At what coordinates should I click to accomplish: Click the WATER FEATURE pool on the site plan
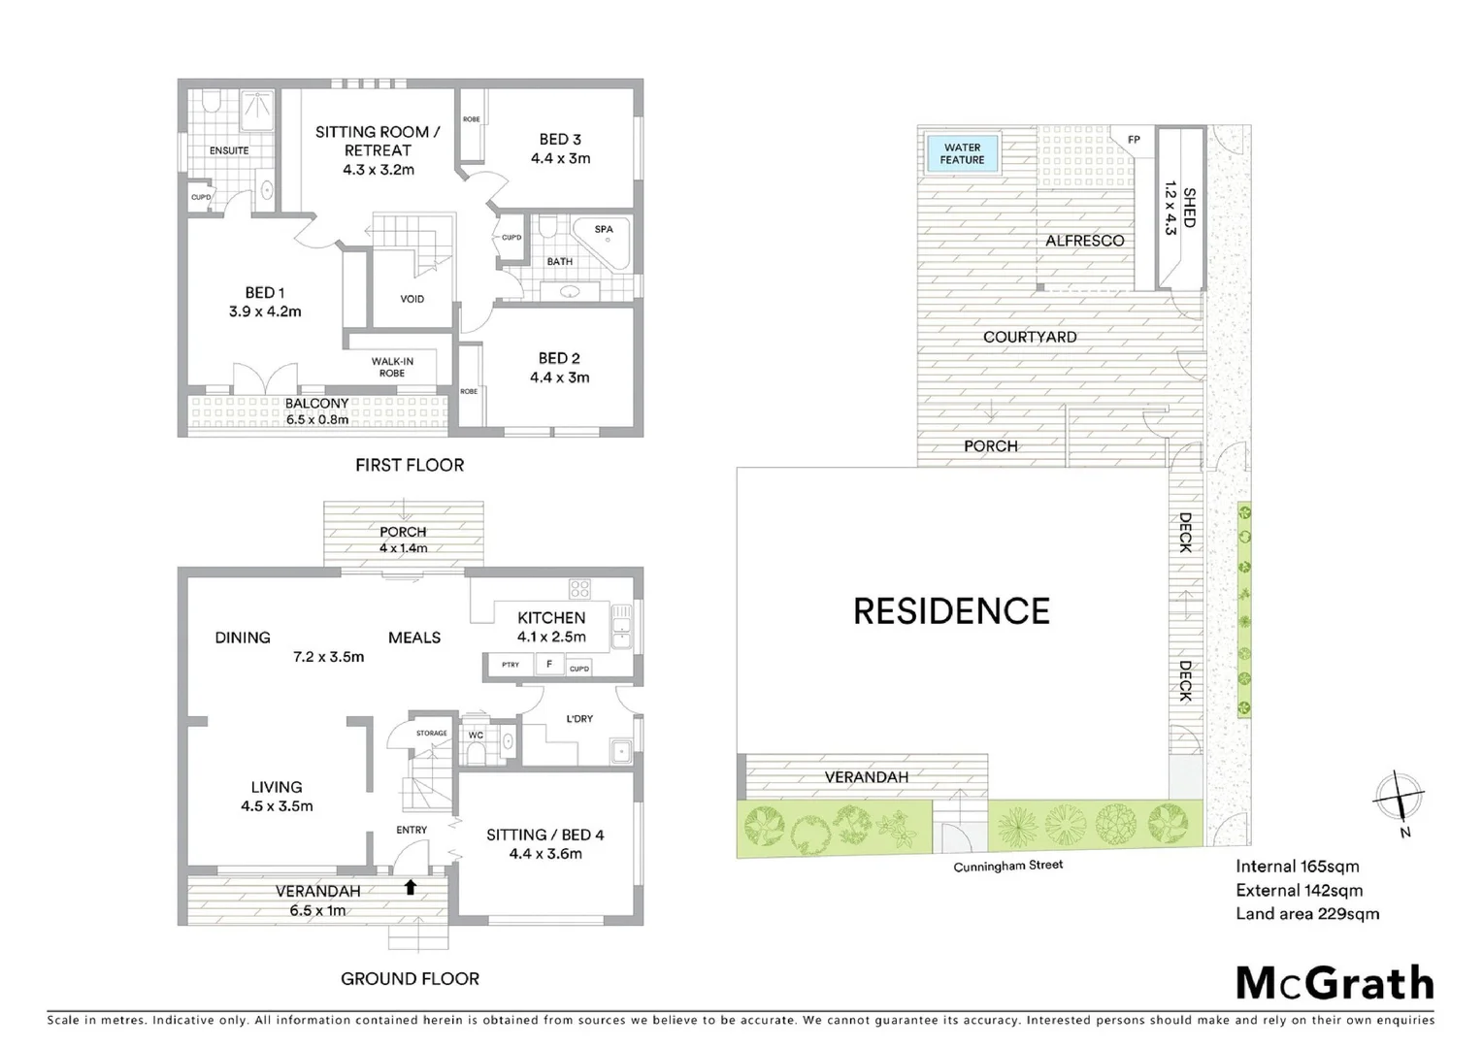tap(962, 153)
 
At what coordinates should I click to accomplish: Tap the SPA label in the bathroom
tap(604, 230)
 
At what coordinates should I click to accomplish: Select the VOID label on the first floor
tap(412, 299)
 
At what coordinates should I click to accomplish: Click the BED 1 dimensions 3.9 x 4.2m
tap(265, 311)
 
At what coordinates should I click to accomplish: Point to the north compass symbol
tap(1399, 802)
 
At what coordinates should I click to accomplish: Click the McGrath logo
tap(1335, 983)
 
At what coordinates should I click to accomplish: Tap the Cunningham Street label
tap(1007, 866)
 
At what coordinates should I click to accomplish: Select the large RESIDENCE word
tap(951, 611)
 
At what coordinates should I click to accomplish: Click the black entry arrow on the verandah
tap(411, 886)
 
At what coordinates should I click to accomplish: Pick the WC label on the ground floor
tap(476, 736)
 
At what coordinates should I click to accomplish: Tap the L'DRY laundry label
tap(579, 719)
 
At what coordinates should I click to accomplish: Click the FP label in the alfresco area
tap(1134, 140)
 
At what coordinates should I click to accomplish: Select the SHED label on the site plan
tap(1189, 208)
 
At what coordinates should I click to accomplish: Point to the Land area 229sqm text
tap(1306, 913)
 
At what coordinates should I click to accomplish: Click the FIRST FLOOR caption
tap(410, 465)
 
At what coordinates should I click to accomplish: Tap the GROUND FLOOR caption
tap(410, 978)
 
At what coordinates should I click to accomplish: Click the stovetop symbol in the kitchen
tap(579, 588)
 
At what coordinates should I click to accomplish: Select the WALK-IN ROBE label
tap(393, 367)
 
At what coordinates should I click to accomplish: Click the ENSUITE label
tap(229, 150)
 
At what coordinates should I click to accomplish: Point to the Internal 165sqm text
tap(1297, 867)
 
